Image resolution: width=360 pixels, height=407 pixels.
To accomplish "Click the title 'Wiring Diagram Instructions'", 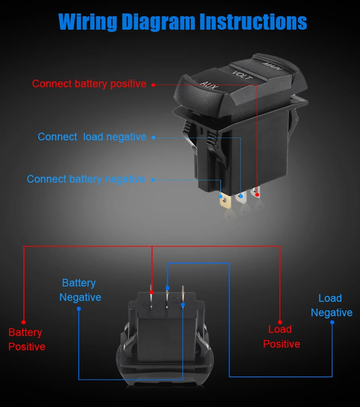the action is pos(183,22).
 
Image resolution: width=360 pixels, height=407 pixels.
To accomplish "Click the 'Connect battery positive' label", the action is pos(89,84).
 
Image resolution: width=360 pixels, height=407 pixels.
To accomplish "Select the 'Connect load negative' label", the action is pos(92,137).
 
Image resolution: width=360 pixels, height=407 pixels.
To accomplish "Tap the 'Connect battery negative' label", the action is pos(86,179).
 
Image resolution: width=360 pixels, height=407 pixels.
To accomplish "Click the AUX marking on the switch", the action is pos(207,85).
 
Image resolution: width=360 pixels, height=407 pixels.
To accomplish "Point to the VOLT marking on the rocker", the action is pos(242,75).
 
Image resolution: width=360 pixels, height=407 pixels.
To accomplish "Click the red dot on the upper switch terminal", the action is pos(257,195).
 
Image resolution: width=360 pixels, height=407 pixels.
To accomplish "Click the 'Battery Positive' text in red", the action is pos(27,340).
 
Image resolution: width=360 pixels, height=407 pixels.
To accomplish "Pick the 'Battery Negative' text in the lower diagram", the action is pos(80,290).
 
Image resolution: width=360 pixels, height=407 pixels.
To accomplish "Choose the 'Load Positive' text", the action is pos(281,336).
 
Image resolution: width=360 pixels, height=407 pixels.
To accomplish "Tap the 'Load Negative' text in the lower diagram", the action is pos(332,305).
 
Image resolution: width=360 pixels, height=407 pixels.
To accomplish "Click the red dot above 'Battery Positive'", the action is pos(23,322).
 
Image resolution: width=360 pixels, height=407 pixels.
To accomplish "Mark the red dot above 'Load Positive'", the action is pos(280,322).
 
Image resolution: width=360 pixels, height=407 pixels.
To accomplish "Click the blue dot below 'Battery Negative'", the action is pos(79,309).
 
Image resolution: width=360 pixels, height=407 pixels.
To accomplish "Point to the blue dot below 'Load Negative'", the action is pos(332,322).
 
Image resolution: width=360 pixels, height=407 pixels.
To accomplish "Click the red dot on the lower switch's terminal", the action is pos(152,291).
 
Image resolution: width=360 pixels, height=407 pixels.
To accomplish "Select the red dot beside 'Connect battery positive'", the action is pos(153,85).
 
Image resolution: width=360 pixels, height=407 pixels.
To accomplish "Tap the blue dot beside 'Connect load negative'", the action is pos(153,138).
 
